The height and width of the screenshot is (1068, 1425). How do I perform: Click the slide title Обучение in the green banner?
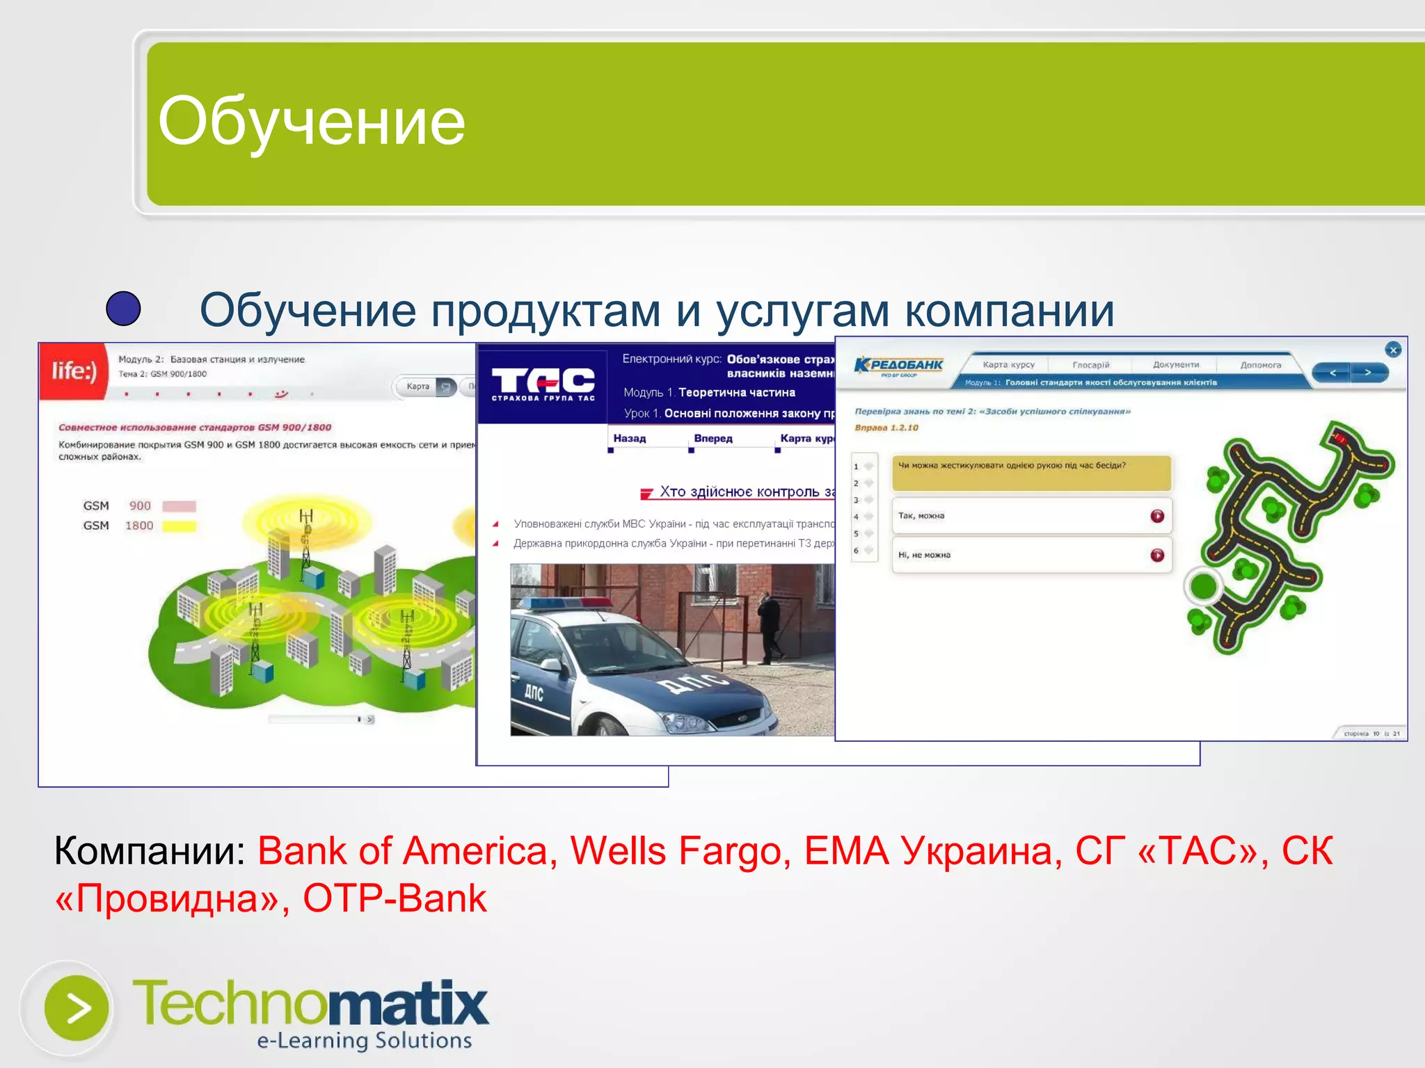311,122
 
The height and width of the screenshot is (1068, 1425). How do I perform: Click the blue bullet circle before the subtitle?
124,309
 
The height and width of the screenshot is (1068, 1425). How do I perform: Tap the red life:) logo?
74,371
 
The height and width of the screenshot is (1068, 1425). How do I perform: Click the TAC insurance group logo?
543,383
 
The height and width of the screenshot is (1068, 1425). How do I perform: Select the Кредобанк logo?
898,366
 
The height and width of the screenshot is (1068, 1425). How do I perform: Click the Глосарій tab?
1090,364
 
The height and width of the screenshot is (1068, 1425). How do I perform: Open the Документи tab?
1176,364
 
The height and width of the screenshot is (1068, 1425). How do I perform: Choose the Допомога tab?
1260,364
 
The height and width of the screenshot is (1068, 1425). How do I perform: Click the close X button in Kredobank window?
1393,350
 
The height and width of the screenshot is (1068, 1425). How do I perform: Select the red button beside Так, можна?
1157,516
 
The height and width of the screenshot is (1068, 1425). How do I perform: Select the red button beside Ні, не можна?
1157,555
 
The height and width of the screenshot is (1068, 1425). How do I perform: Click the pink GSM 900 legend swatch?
180,506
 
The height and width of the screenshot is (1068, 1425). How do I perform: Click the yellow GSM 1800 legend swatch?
180,526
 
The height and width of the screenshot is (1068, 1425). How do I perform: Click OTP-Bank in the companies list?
394,898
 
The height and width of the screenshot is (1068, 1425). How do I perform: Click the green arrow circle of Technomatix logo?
77,1008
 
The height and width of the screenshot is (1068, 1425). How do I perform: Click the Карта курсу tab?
1008,364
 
